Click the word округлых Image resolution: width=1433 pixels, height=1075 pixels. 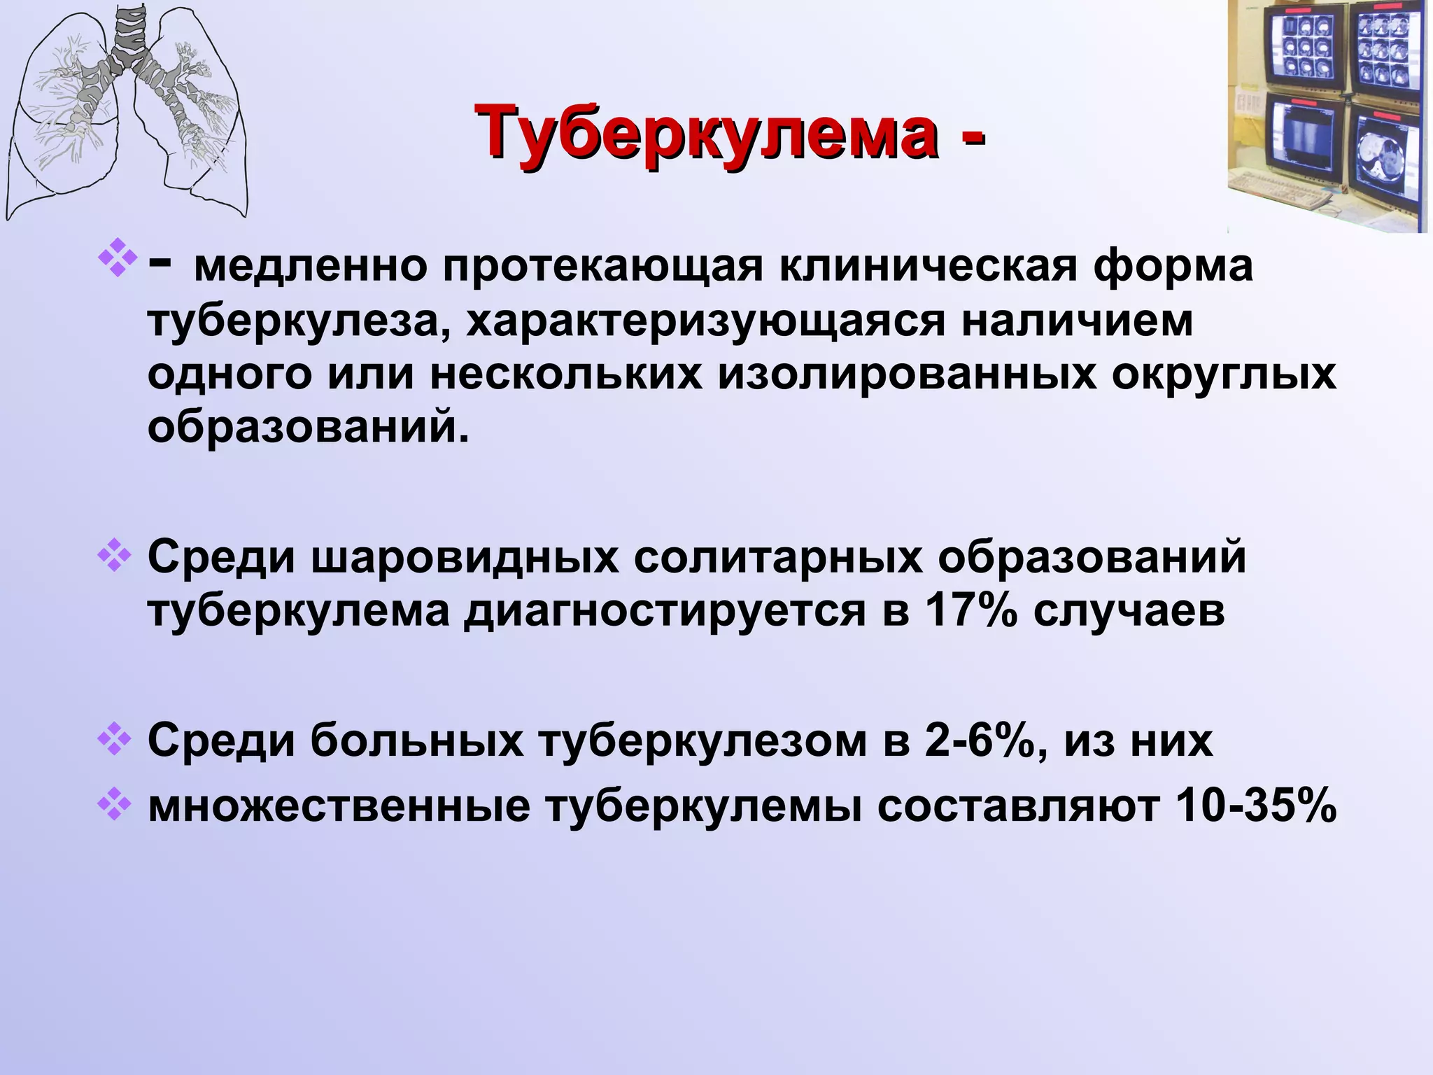point(1224,374)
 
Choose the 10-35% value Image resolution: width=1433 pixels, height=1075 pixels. point(1257,806)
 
